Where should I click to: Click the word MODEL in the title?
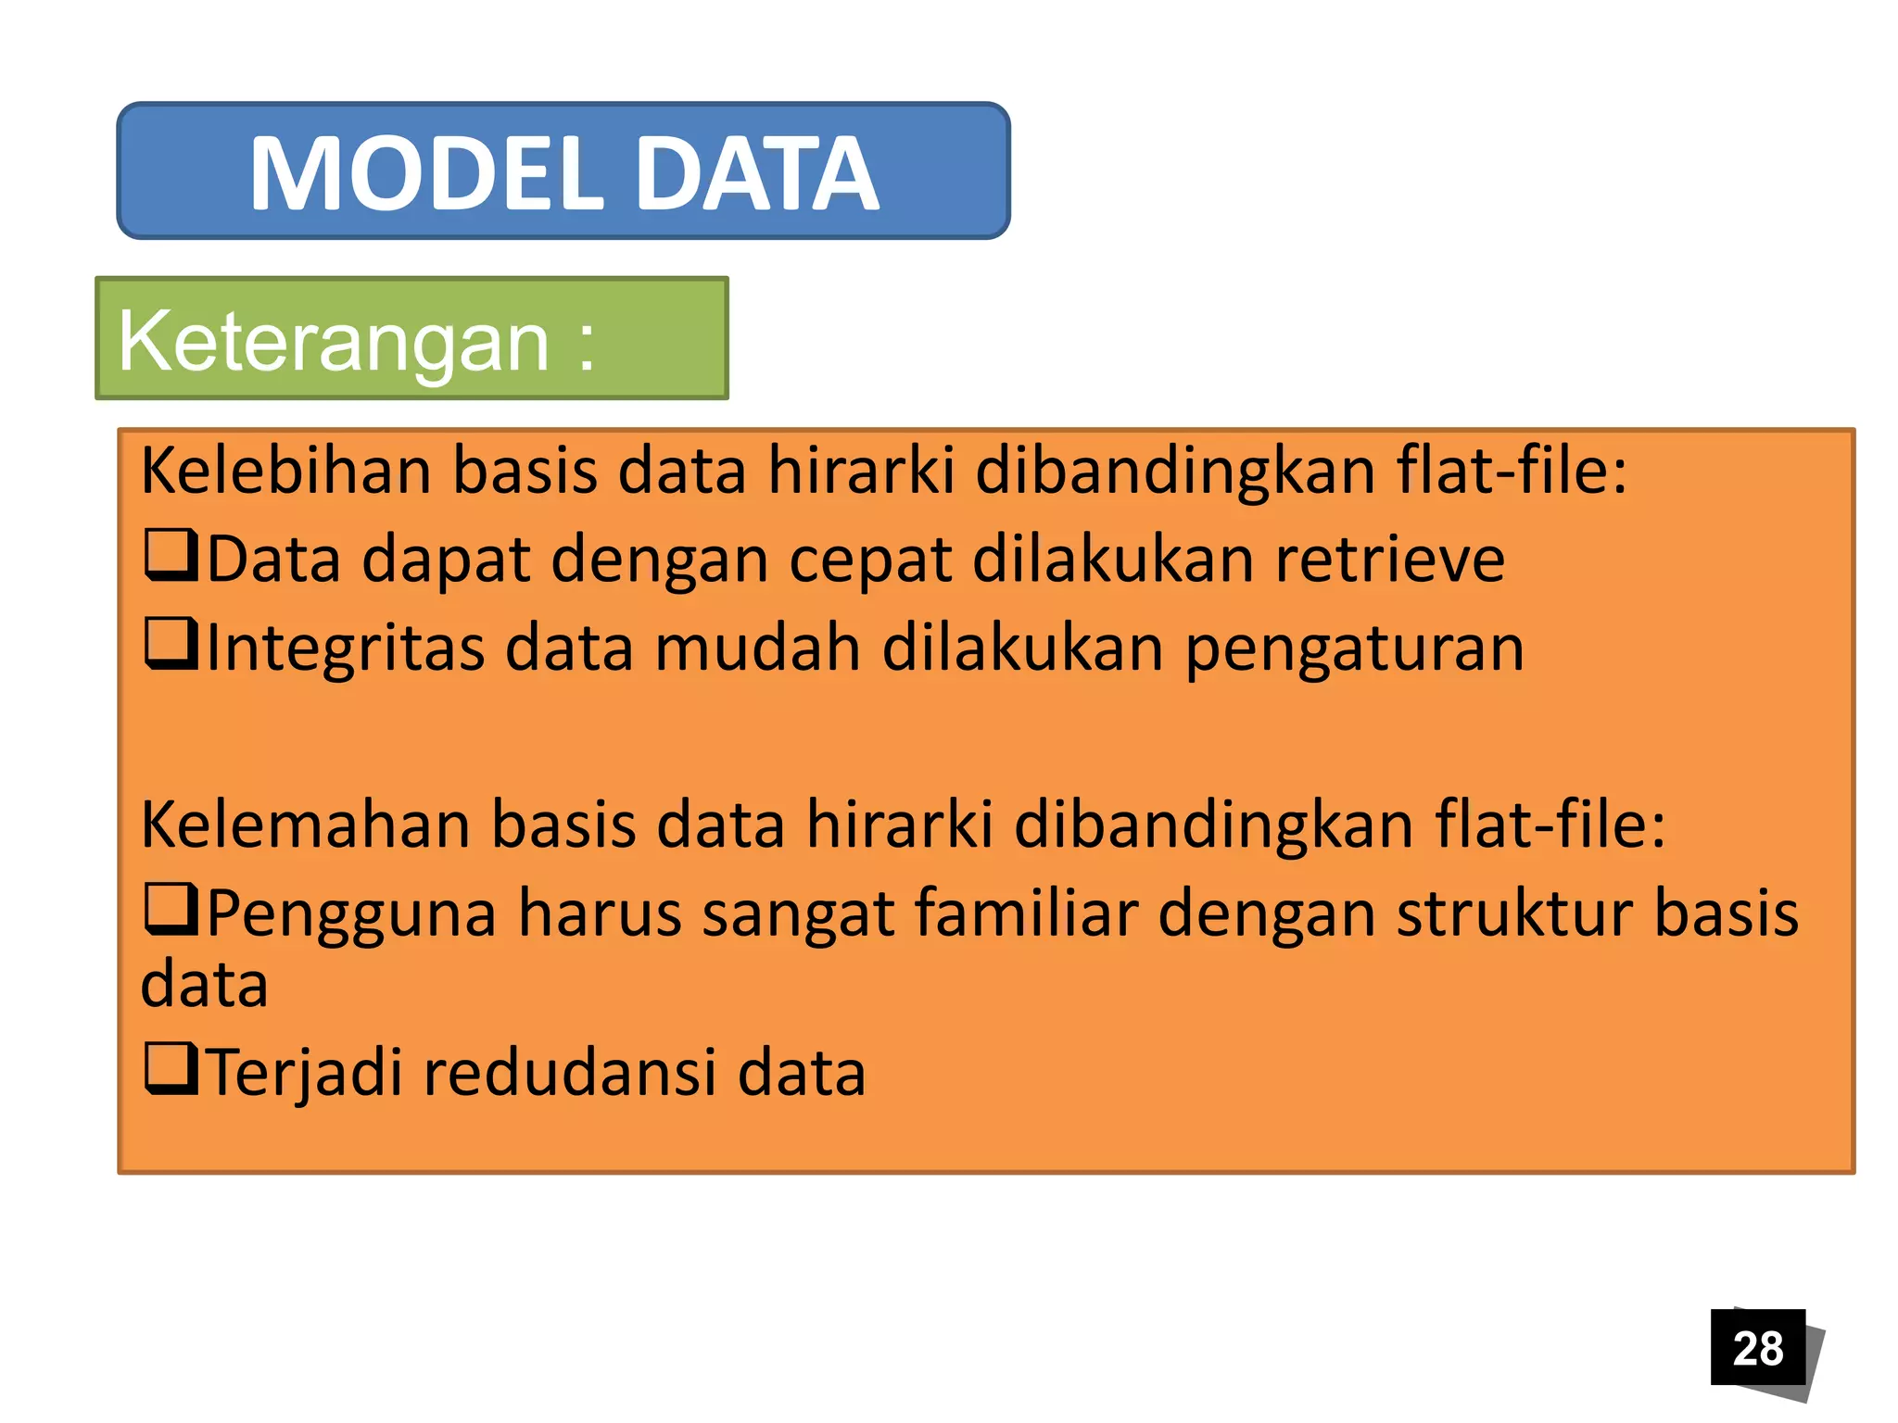coord(426,174)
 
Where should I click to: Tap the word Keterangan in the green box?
coord(334,342)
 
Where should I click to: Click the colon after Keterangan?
coord(586,345)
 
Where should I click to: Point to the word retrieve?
coord(1389,560)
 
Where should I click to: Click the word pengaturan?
coord(1354,649)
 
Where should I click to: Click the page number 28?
coord(1757,1348)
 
